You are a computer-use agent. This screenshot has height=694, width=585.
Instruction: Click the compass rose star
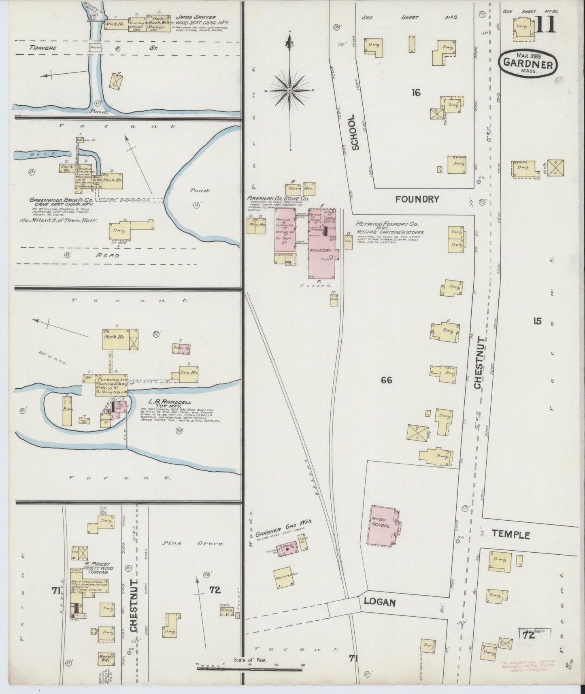(x=290, y=91)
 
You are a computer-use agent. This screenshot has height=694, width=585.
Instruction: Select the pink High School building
(x=383, y=526)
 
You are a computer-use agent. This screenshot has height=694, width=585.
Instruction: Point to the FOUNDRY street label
(x=417, y=199)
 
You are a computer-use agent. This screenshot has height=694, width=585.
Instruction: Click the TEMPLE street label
(x=511, y=534)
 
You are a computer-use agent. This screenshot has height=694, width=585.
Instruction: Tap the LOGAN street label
(x=379, y=602)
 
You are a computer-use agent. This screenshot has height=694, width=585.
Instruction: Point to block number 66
(x=387, y=380)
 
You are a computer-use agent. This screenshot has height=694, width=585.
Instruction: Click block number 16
(x=416, y=93)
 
